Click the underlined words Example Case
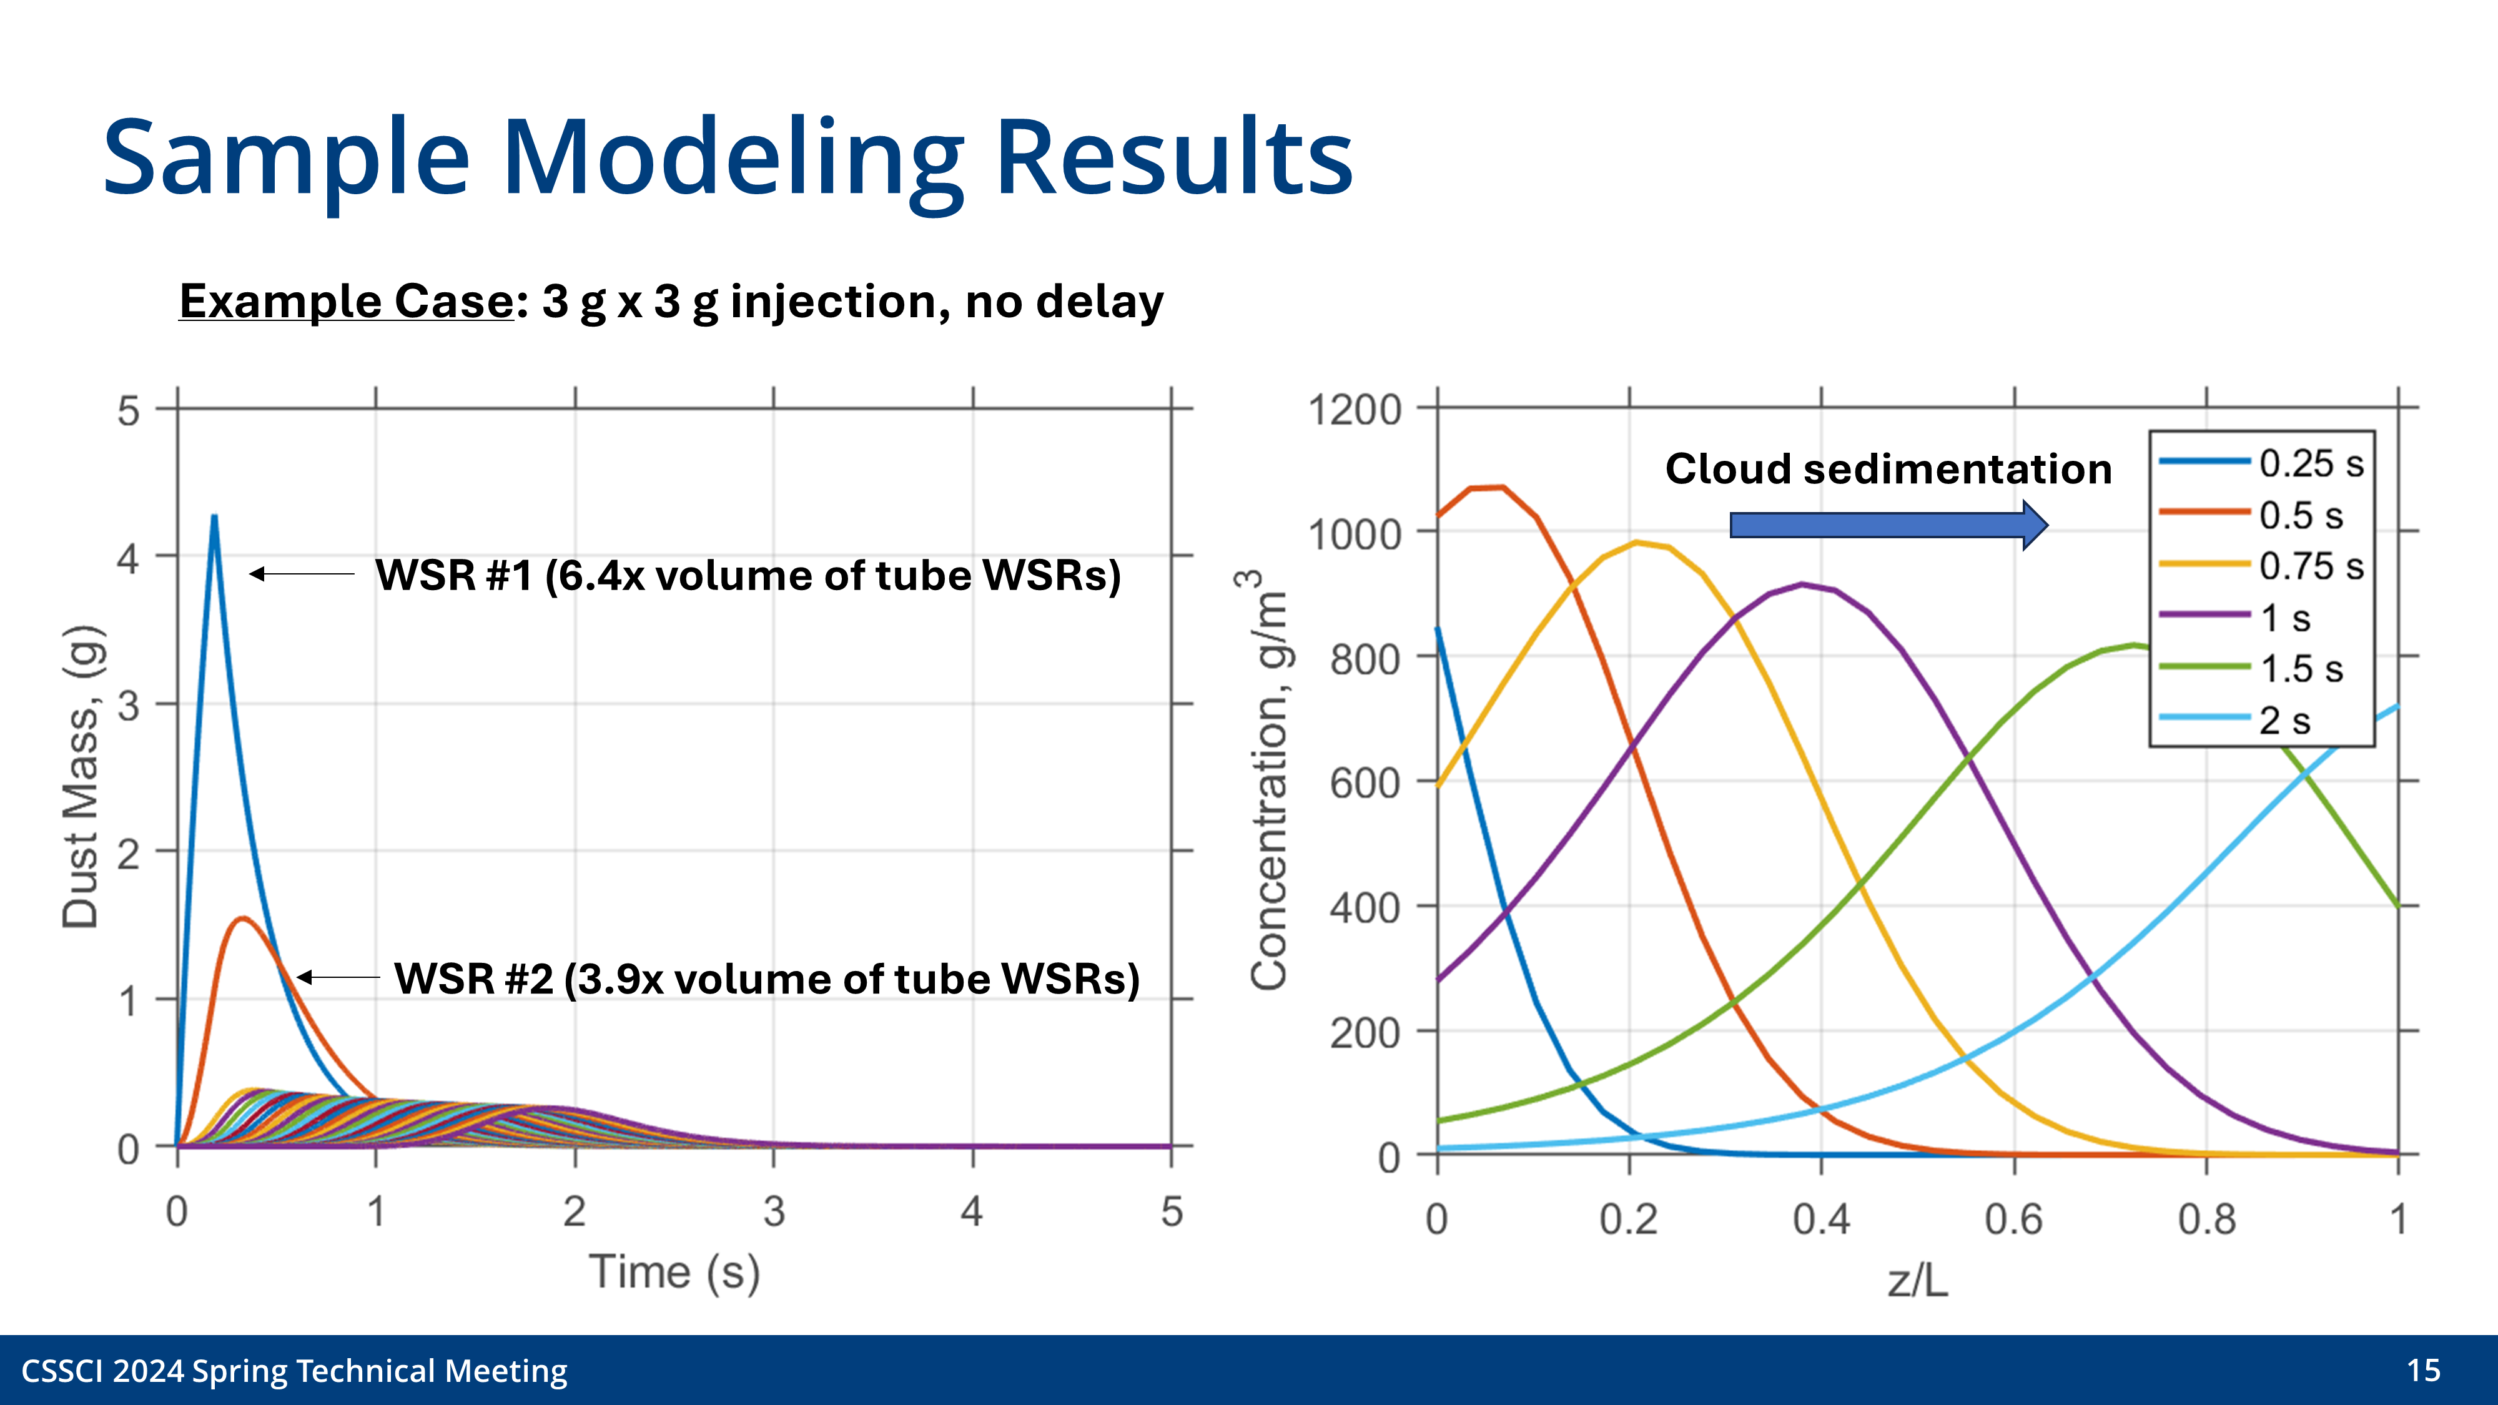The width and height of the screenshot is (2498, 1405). [346, 302]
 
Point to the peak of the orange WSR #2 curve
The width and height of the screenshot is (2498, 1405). [242, 918]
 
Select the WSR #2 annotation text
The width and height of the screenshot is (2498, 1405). [766, 979]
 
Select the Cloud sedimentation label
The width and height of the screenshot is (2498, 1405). [1888, 470]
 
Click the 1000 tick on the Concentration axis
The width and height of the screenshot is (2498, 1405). [1355, 535]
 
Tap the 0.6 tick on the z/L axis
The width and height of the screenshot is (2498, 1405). [2013, 1220]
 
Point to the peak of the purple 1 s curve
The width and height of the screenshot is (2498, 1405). [1802, 584]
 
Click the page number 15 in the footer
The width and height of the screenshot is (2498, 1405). [2422, 1370]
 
